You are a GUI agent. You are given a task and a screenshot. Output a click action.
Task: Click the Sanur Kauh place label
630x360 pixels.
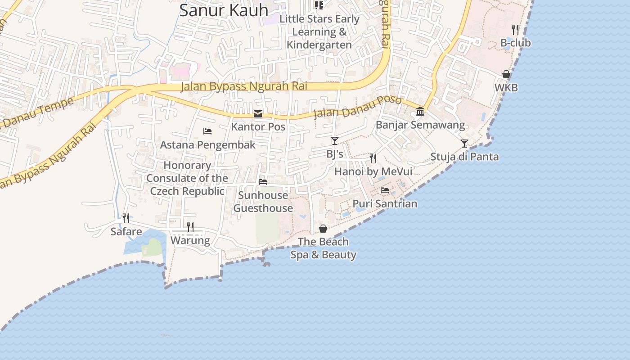(224, 10)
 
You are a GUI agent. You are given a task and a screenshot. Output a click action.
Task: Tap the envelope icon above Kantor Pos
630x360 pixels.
(258, 114)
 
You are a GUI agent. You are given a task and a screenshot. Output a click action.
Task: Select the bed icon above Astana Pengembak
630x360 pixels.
(207, 131)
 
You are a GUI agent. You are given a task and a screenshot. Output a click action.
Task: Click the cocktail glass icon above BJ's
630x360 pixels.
(334, 141)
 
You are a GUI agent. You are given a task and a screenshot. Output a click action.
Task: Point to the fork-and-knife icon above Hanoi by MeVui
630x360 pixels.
(373, 158)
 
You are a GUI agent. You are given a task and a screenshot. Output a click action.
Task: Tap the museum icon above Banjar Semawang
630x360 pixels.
(420, 111)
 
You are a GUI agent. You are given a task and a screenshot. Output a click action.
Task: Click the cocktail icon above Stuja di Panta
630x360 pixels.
(464, 144)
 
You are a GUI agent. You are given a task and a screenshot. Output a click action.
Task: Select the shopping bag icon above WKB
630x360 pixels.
(506, 74)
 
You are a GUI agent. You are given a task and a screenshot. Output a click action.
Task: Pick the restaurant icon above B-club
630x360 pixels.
(516, 30)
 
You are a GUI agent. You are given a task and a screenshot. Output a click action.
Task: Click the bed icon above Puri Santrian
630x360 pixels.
(385, 190)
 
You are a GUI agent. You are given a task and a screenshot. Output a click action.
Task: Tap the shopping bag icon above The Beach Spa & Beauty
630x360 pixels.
(323, 229)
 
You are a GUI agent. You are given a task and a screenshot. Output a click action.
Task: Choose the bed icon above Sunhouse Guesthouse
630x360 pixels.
(263, 182)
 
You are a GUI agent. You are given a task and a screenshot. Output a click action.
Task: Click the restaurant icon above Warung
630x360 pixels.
(190, 227)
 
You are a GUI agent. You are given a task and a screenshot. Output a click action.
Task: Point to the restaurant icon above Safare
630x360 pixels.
(126, 218)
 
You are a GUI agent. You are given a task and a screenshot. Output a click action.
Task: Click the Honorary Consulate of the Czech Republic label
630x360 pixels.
(187, 178)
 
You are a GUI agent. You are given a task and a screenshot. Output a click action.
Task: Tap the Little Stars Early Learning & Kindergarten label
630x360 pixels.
(319, 32)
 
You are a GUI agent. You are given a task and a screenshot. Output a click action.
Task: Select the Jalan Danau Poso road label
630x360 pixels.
(357, 107)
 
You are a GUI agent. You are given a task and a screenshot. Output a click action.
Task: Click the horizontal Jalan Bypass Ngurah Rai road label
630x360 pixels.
(244, 86)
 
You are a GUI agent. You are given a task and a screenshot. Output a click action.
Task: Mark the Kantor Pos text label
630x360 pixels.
(258, 127)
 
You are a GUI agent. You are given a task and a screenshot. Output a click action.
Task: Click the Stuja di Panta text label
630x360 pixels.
(464, 157)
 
